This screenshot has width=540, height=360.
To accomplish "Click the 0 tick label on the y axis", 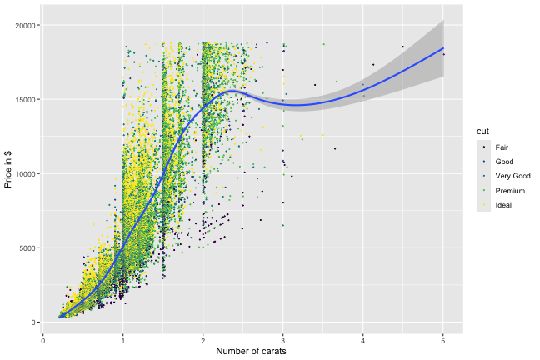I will (x=33, y=322).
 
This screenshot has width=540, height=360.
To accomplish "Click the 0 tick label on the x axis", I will (x=42, y=339).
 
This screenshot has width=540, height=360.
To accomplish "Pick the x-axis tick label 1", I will (x=122, y=339).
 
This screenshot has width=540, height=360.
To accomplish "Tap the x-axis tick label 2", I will (x=202, y=339).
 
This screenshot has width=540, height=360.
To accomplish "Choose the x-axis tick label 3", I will (x=283, y=339).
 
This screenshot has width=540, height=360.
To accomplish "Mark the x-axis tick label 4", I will (x=363, y=339).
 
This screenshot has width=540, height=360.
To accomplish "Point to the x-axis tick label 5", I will (x=443, y=339).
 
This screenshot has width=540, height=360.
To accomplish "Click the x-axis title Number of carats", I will (x=252, y=352).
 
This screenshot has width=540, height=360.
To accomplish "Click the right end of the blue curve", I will (x=443, y=48).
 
